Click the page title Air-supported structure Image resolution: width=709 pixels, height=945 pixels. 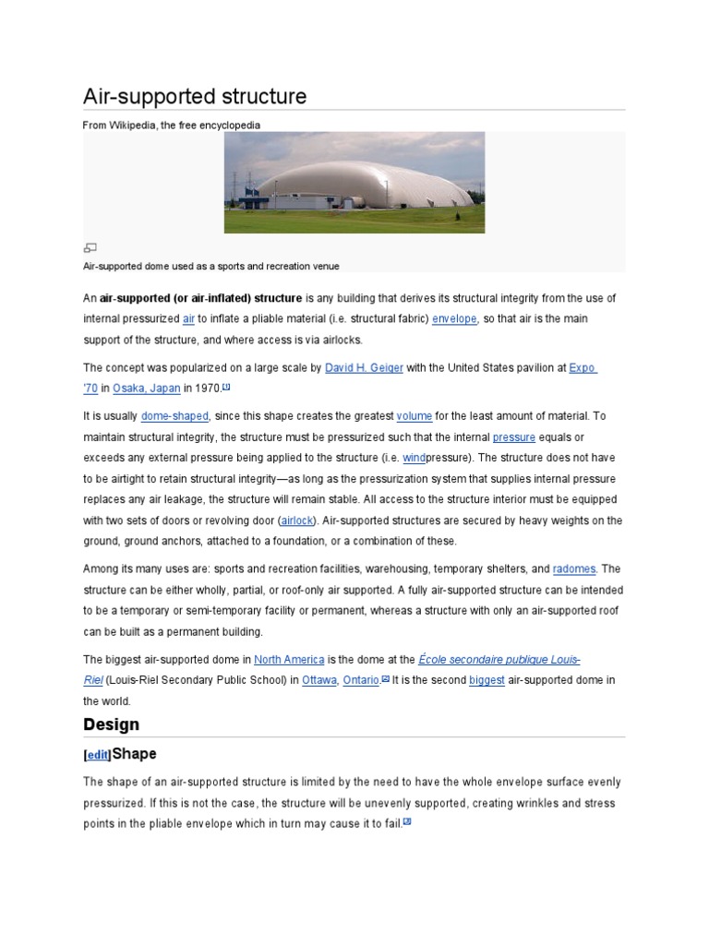point(195,97)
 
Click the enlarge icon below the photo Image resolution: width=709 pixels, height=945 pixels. point(90,247)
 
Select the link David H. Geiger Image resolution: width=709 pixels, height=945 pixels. point(364,367)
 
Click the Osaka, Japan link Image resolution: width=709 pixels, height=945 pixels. point(147,389)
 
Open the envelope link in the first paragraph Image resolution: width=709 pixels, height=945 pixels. point(454,318)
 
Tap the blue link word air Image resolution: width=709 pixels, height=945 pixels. point(188,318)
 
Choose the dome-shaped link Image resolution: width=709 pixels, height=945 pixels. point(174,416)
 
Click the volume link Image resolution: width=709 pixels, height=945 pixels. point(415,416)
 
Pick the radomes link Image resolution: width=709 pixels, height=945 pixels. point(574,568)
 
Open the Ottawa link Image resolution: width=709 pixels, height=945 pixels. point(319,680)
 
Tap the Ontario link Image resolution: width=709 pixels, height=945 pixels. point(362,680)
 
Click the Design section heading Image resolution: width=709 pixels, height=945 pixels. point(112,724)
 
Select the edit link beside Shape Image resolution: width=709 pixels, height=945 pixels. point(97,755)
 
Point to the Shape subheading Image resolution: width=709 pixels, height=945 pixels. point(134,754)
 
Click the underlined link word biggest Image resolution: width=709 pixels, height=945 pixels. point(487,680)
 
